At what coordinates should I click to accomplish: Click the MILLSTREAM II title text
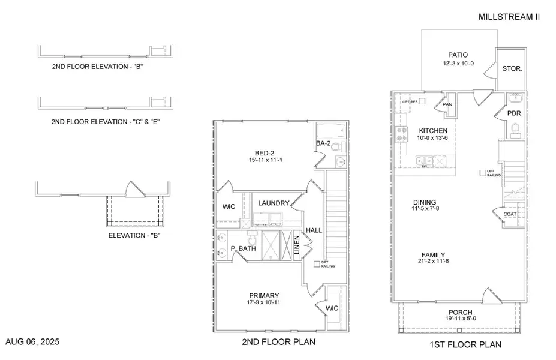[509, 17]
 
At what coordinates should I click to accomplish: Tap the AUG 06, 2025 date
[32, 342]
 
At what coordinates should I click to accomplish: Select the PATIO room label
[458, 54]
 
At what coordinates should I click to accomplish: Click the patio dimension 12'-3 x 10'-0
[458, 63]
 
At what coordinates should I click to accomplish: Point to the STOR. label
[512, 68]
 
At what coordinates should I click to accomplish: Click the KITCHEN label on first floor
[433, 130]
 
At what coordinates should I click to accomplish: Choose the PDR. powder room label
[513, 113]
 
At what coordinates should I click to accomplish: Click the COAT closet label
[510, 214]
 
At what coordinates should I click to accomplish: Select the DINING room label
[424, 202]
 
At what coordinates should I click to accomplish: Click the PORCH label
[459, 313]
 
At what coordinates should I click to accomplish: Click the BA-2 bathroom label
[323, 143]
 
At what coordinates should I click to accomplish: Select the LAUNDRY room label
[274, 203]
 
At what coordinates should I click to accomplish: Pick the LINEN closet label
[296, 245]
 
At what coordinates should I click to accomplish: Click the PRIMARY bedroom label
[265, 295]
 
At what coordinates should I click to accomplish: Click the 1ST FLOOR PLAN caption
[465, 344]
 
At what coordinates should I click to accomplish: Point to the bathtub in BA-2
[330, 129]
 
